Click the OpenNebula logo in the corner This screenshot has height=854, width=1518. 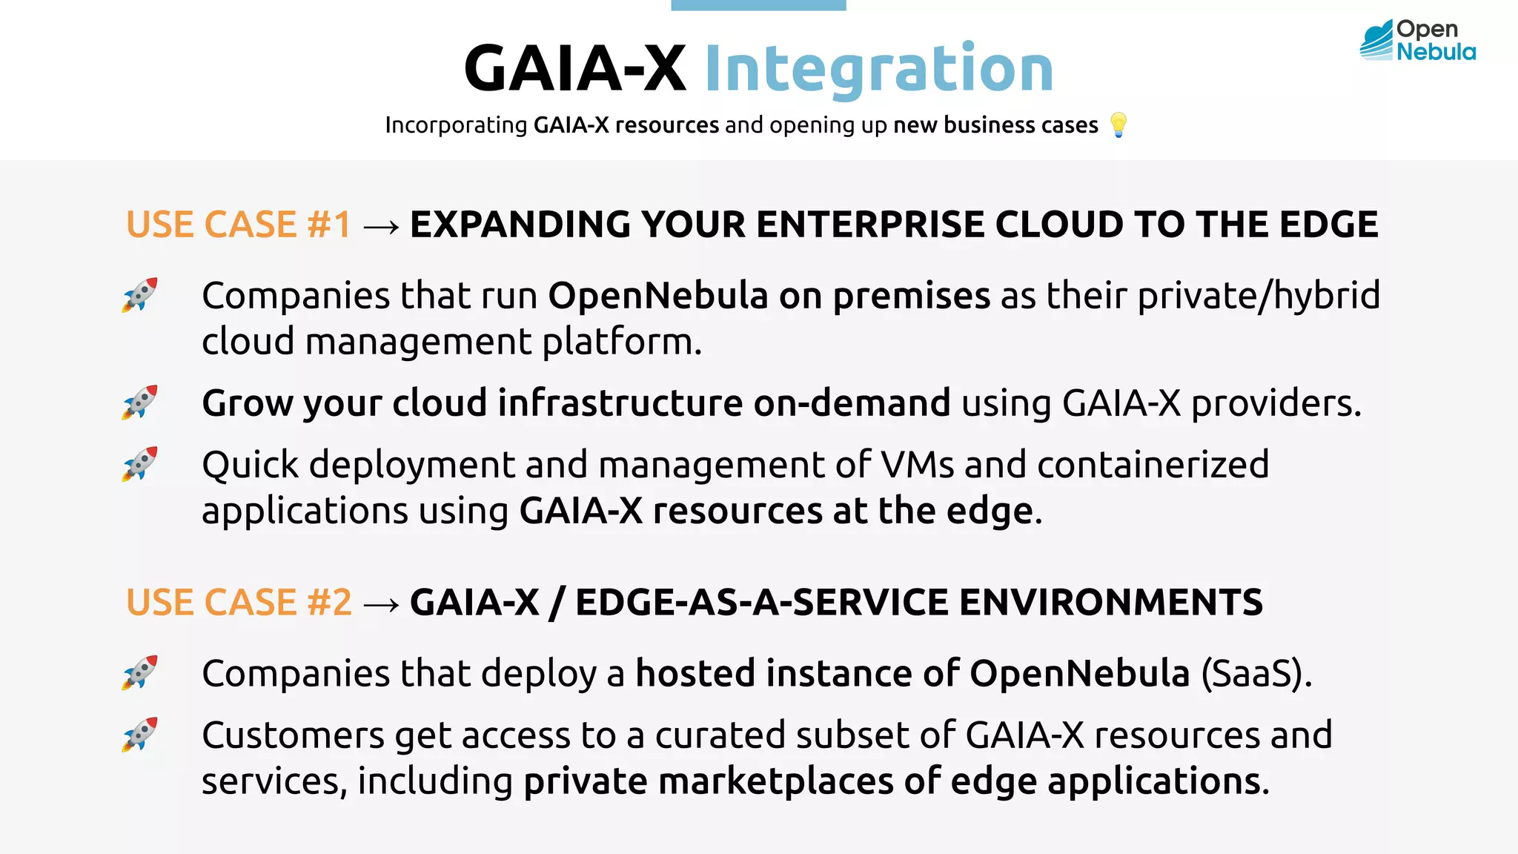pyautogui.click(x=1417, y=40)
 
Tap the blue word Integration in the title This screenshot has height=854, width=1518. pyautogui.click(x=878, y=68)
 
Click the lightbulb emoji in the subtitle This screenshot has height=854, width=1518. pyautogui.click(x=1118, y=125)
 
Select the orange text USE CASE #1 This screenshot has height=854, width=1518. pyautogui.click(x=239, y=225)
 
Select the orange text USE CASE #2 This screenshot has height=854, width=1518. pyautogui.click(x=239, y=602)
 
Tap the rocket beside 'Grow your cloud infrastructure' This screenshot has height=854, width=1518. pyautogui.click(x=140, y=403)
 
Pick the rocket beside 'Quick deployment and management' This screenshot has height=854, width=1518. pyautogui.click(x=140, y=464)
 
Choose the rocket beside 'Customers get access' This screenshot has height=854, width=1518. pyautogui.click(x=140, y=735)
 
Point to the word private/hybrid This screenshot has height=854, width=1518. pyautogui.click(x=1259, y=296)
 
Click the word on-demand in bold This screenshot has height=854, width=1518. pyautogui.click(x=852, y=403)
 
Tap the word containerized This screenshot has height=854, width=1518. pyautogui.click(x=1153, y=465)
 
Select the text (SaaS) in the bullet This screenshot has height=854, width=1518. pyautogui.click(x=1256, y=674)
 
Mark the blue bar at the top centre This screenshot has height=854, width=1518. pyautogui.click(x=758, y=5)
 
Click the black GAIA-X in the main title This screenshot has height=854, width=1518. pyautogui.click(x=574, y=68)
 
